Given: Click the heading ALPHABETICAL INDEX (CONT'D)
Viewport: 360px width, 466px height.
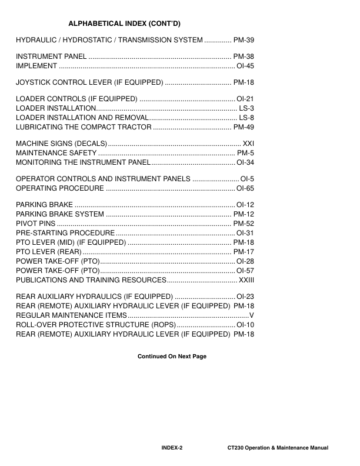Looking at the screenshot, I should (x=124, y=24).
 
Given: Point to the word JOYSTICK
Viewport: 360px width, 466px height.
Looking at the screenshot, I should (x=33, y=82).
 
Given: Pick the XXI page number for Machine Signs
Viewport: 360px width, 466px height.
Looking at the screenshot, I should (x=248, y=144).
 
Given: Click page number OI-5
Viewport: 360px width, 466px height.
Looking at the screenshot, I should (x=247, y=178).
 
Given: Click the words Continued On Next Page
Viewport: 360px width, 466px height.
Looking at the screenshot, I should (x=172, y=356).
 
